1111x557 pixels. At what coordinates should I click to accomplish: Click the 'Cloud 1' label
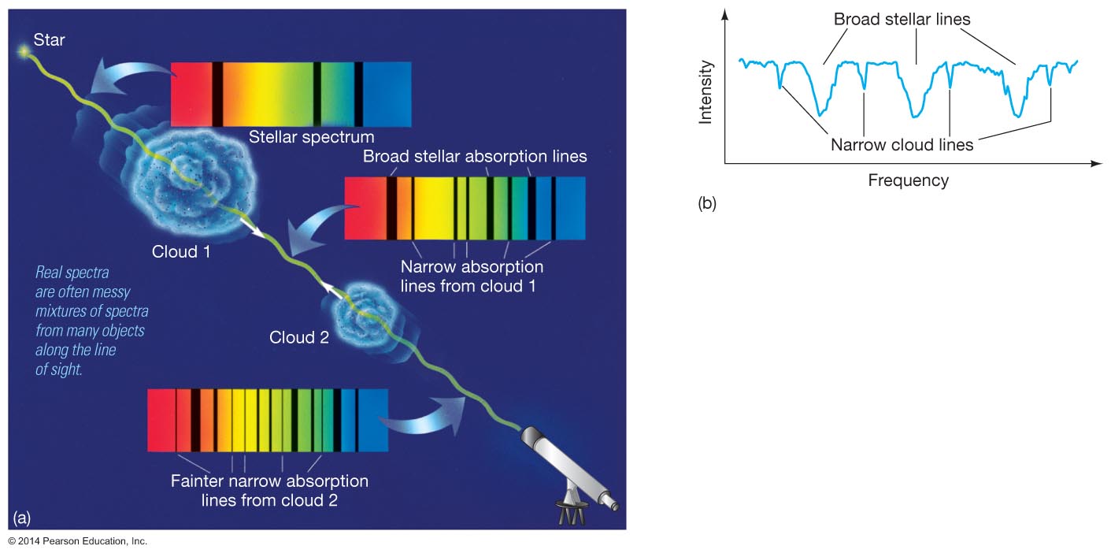tap(181, 252)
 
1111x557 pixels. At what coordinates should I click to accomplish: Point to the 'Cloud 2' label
tap(298, 338)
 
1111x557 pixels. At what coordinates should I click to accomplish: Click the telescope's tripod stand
tap(572, 512)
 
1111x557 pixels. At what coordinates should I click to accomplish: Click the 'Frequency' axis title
tap(908, 180)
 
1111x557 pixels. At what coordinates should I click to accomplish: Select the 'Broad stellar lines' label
tap(902, 18)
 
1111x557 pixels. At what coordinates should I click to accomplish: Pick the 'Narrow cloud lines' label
tap(902, 145)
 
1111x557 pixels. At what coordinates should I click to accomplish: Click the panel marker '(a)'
tap(22, 517)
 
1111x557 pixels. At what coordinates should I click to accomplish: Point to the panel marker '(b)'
tap(706, 204)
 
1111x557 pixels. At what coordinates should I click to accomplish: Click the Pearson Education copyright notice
tap(77, 541)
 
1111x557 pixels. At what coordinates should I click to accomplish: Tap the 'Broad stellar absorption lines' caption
tap(475, 156)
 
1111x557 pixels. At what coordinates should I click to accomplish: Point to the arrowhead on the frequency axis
tap(1096, 164)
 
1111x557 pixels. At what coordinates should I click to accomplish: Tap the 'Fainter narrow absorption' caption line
tap(269, 481)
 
